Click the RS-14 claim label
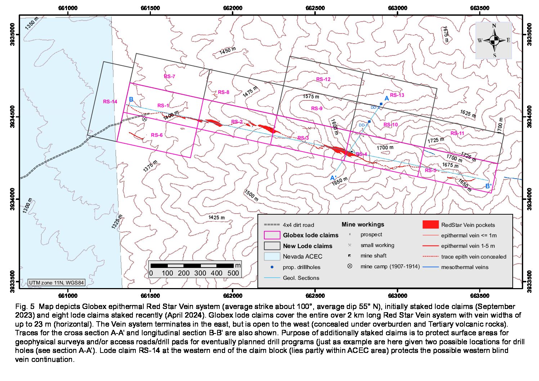pyautogui.click(x=110, y=102)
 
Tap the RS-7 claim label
pyautogui.click(x=169, y=76)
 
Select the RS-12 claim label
pyautogui.click(x=323, y=79)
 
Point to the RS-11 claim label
pyautogui.click(x=457, y=133)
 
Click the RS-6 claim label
pyautogui.click(x=157, y=135)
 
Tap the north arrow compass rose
pyautogui.click(x=494, y=40)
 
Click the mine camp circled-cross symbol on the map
pyautogui.click(x=144, y=119)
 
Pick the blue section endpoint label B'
pyautogui.click(x=488, y=186)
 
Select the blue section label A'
pyautogui.click(x=333, y=178)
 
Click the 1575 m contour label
pyautogui.click(x=310, y=97)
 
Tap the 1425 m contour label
pyautogui.click(x=216, y=218)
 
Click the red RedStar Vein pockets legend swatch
pyautogui.click(x=430, y=225)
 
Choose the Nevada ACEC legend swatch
pyautogui.click(x=272, y=256)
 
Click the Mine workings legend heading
pyautogui.click(x=363, y=224)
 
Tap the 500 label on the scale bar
pyautogui.click(x=233, y=273)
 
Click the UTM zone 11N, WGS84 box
pyautogui.click(x=57, y=283)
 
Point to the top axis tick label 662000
pyautogui.click(x=233, y=8)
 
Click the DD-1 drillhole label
pyautogui.click(x=363, y=125)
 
